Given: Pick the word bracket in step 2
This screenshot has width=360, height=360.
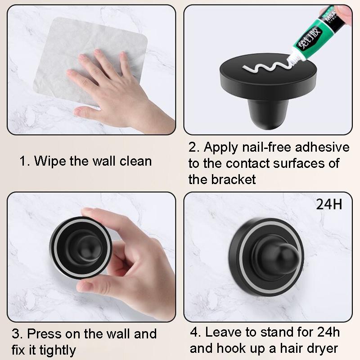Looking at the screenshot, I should pos(234,179).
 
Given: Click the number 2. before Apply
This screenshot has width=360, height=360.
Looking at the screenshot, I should pos(194,147).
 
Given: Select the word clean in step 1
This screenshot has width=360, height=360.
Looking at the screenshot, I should pos(135,161).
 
